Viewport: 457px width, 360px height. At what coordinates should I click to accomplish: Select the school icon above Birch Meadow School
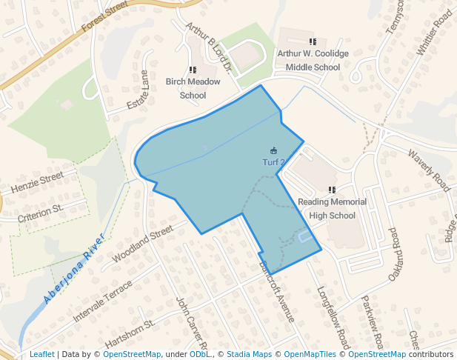(193, 70)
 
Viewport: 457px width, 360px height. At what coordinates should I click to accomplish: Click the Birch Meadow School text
(186, 88)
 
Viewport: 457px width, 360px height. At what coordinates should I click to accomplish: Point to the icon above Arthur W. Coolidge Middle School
(313, 42)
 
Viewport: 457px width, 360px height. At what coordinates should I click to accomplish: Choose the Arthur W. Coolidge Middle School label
(308, 60)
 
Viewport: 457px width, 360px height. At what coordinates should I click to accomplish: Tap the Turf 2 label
(273, 161)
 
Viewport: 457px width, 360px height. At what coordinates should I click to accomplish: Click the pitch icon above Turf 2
(274, 150)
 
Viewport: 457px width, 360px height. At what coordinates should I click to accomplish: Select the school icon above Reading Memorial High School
(332, 190)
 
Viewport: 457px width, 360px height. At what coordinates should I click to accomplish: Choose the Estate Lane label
(138, 90)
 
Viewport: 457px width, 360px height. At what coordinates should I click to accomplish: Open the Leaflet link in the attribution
(42, 354)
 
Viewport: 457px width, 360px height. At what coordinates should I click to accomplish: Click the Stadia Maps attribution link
(249, 354)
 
